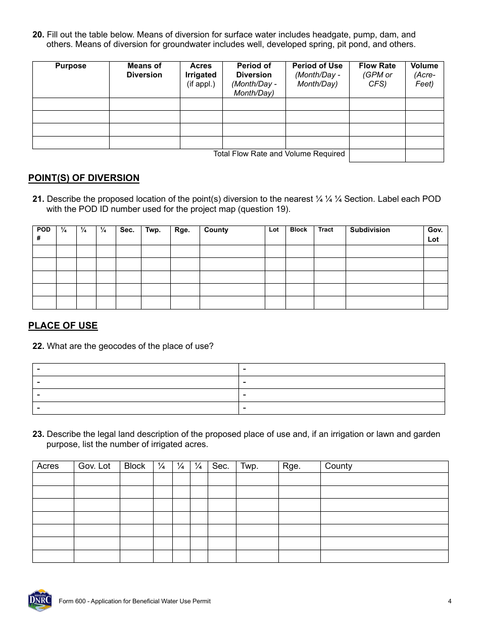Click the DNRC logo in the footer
[40, 600]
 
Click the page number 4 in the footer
[449, 601]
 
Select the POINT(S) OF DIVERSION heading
[84, 178]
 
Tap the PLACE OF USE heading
[63, 326]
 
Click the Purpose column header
[71, 66]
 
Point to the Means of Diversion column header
[145, 70]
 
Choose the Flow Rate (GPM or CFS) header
[377, 75]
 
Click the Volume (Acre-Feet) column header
[424, 75]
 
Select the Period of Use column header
[317, 75]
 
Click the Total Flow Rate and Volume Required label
[279, 154]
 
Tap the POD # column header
[44, 234]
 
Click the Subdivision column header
[370, 230]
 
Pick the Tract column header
[325, 230]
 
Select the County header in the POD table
[216, 230]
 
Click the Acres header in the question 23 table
[48, 466]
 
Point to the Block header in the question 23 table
[134, 466]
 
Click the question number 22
[38, 346]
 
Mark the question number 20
[38, 35]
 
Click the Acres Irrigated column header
[201, 75]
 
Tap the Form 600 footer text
[134, 601]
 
